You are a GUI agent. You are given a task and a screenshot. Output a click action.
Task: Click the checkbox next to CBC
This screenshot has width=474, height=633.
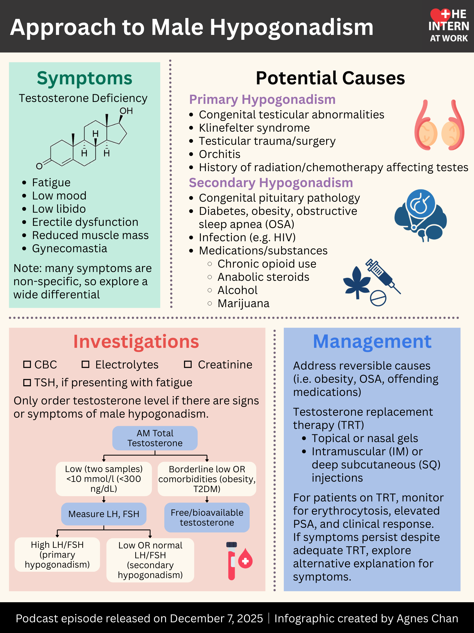pyautogui.click(x=27, y=364)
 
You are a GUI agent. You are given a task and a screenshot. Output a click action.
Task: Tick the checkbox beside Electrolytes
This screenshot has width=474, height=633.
pyautogui.click(x=85, y=364)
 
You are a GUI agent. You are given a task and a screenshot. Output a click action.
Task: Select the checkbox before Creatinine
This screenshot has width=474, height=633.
pyautogui.click(x=188, y=364)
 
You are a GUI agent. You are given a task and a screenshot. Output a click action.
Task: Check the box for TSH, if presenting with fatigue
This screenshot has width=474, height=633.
pyautogui.click(x=27, y=383)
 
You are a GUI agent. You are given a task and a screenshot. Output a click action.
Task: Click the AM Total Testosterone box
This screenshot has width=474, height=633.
pyautogui.click(x=155, y=438)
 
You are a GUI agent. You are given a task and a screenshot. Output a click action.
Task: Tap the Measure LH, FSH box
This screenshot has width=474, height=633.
pyautogui.click(x=104, y=514)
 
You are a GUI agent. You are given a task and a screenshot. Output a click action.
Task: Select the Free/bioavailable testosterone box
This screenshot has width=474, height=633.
pyautogui.click(x=207, y=517)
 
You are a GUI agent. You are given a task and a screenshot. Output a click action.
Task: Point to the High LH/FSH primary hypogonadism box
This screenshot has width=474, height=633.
pyautogui.click(x=57, y=554)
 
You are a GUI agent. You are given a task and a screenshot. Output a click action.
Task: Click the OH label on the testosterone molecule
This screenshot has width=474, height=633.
pyautogui.click(x=126, y=111)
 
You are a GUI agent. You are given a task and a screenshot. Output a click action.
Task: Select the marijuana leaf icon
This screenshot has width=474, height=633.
pyautogui.click(x=357, y=282)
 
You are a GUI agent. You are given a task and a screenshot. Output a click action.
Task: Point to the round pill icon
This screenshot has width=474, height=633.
pyautogui.click(x=378, y=298)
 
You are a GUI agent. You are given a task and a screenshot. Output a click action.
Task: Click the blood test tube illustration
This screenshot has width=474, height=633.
pyautogui.click(x=232, y=561)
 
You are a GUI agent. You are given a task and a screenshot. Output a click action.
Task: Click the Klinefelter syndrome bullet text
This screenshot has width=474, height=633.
pyautogui.click(x=254, y=128)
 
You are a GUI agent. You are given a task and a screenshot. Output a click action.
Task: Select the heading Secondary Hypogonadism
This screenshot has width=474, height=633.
pyautogui.click(x=271, y=183)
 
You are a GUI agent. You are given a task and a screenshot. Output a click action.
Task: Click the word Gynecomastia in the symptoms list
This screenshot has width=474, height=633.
pyautogui.click(x=69, y=248)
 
